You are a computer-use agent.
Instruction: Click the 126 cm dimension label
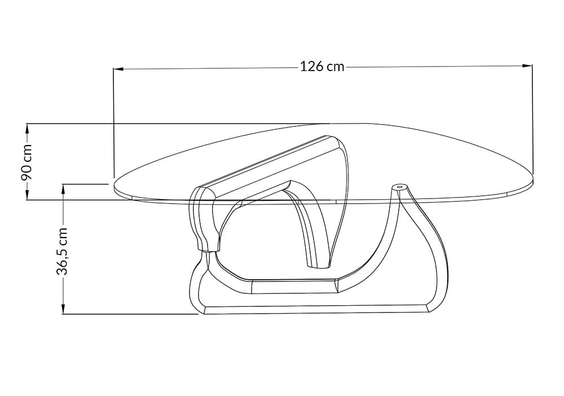pos(322,67)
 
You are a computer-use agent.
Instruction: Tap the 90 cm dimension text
pos(27,162)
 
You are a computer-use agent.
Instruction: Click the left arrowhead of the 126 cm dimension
pos(118,68)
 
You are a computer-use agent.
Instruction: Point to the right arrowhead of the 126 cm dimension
pos(527,65)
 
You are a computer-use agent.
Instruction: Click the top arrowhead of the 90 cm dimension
pos(27,129)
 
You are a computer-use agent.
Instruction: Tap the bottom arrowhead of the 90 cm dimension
pos(27,195)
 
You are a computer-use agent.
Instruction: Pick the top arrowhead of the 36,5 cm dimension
pos(63,189)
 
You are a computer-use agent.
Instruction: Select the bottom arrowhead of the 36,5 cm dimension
pos(63,309)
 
